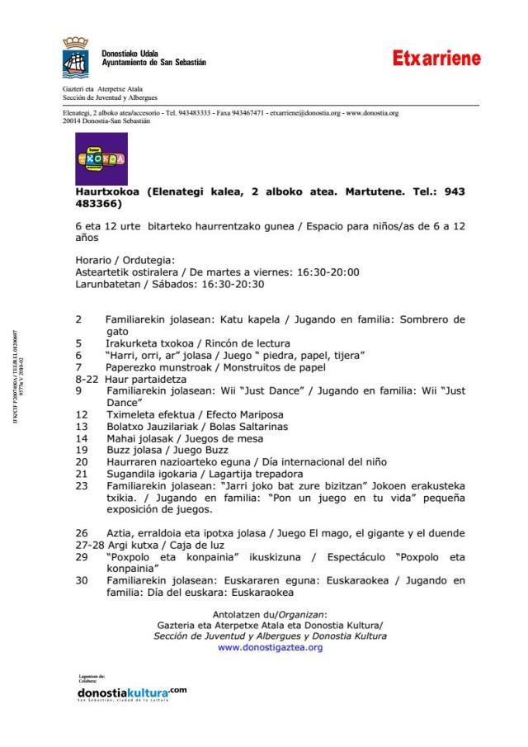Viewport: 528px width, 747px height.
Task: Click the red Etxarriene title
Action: pyautogui.click(x=436, y=59)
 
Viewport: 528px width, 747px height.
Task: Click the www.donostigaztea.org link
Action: pyautogui.click(x=270, y=648)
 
